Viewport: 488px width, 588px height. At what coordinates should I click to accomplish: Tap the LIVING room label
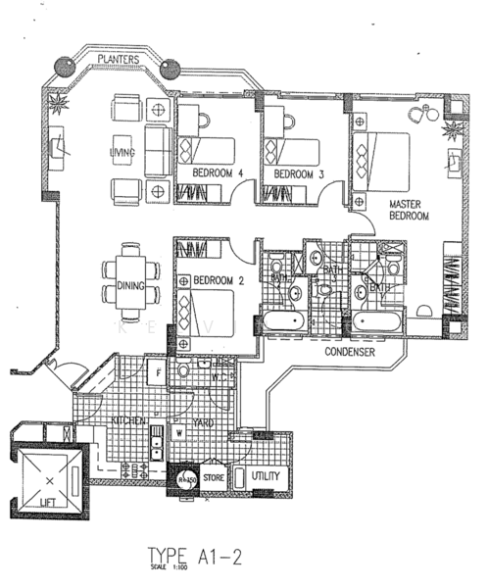122,154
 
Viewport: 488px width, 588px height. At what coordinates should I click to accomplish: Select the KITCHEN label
127,419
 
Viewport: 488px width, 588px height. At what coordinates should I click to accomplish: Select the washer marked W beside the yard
179,432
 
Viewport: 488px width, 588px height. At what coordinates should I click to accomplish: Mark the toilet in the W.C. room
183,372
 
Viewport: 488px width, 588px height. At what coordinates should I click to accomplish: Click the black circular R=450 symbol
185,479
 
